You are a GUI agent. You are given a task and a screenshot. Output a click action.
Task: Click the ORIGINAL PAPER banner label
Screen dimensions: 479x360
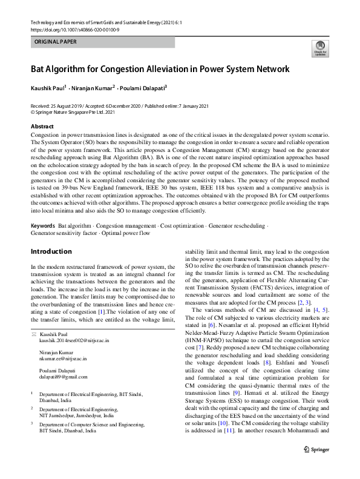pos(56,42)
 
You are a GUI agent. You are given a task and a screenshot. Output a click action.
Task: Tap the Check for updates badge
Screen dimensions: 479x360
pos(318,48)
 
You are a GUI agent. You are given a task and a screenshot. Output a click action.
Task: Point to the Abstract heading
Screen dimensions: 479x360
pos(42,126)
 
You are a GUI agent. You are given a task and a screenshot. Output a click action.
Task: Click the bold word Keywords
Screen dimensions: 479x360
pos(43,226)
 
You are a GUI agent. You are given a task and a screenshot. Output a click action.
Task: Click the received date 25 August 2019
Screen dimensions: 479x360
pos(68,106)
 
